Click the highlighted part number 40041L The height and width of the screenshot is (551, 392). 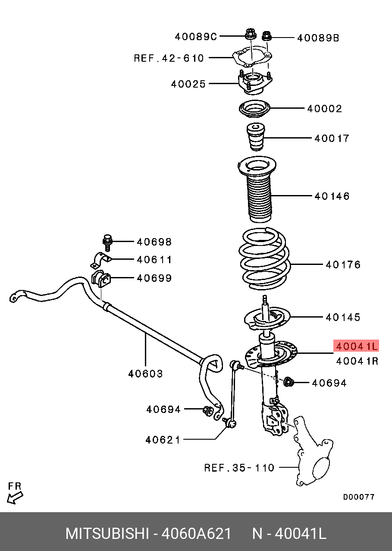pyautogui.click(x=356, y=346)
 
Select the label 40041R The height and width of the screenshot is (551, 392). pyautogui.click(x=357, y=361)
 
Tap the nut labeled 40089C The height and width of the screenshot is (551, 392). pyautogui.click(x=250, y=34)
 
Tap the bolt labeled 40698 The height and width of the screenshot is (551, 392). pyautogui.click(x=107, y=242)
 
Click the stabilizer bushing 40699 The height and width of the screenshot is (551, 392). pyautogui.click(x=101, y=279)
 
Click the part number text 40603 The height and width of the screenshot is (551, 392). pyautogui.click(x=145, y=374)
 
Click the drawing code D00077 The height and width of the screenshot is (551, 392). pyautogui.click(x=358, y=497)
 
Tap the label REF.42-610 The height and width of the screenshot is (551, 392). pyautogui.click(x=169, y=58)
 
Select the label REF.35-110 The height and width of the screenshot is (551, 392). pyautogui.click(x=239, y=468)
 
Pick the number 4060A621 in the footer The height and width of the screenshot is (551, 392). pyautogui.click(x=196, y=534)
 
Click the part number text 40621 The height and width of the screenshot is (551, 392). pyautogui.click(x=163, y=440)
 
